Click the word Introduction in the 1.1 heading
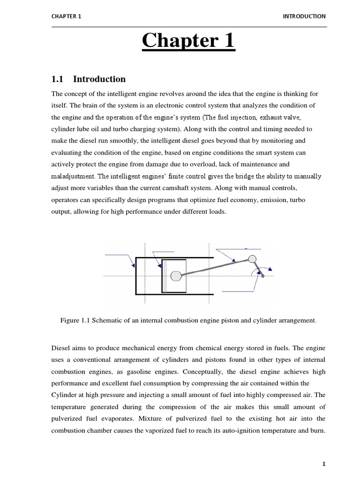click(99, 79)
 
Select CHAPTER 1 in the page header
click(66, 16)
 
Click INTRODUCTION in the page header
click(304, 16)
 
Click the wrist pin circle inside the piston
click(176, 276)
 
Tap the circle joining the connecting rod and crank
click(252, 259)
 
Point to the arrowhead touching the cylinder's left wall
click(134, 265)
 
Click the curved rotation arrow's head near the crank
click(270, 270)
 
